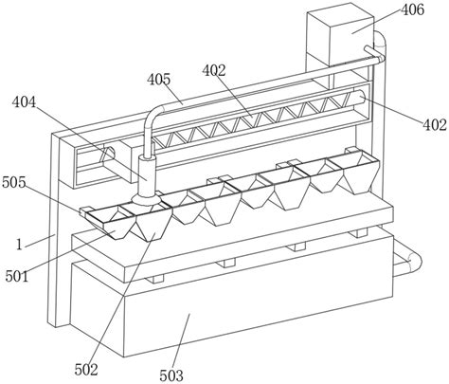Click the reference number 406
412,10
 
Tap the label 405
159,80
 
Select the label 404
25,102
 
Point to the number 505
13,182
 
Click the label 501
17,277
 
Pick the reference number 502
86,369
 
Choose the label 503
171,375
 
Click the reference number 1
20,245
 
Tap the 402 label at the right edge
435,125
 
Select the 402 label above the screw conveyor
214,71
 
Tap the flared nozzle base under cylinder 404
146,200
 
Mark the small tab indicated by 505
84,211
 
